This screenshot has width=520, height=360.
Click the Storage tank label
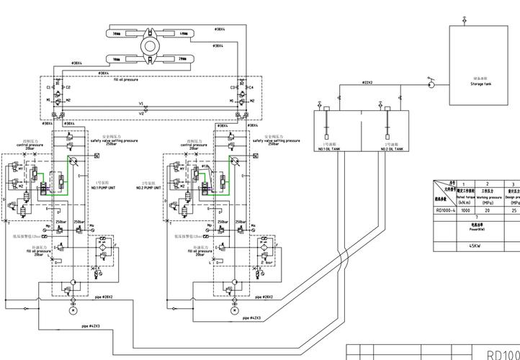point(481,84)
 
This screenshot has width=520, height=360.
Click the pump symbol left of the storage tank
point(431,84)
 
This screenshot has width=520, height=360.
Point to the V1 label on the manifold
point(142,104)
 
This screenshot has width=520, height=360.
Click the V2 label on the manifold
point(142,113)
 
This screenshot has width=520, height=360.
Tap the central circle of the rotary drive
point(151,45)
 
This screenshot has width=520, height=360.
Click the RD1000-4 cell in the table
point(445,210)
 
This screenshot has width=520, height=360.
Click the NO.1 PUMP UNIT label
point(107,186)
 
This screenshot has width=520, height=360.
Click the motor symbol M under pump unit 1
point(73,311)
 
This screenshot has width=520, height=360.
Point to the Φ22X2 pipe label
point(367,83)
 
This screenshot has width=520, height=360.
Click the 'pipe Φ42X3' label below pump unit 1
point(91,326)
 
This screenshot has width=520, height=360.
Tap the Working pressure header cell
point(488,196)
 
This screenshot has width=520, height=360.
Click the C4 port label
point(251,87)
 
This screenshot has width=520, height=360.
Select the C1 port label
point(50,87)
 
